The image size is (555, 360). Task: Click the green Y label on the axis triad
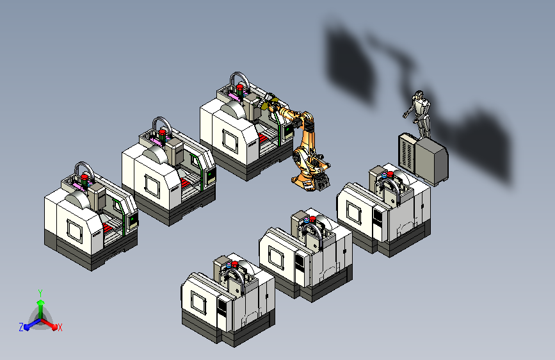[40, 293]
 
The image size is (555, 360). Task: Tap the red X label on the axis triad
[60, 327]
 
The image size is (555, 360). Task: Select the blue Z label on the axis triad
[21, 327]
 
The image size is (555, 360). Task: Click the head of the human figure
[420, 95]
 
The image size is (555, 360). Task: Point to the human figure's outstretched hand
[405, 114]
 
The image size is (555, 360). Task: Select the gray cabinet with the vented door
[407, 153]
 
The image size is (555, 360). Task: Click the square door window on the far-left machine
[75, 231]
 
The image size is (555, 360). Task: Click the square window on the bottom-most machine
[198, 302]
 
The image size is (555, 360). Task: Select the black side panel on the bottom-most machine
[222, 307]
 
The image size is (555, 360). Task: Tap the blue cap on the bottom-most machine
[229, 265]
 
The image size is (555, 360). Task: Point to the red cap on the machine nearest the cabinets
[390, 174]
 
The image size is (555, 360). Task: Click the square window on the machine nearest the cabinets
[354, 213]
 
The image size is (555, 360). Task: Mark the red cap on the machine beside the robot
[240, 87]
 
